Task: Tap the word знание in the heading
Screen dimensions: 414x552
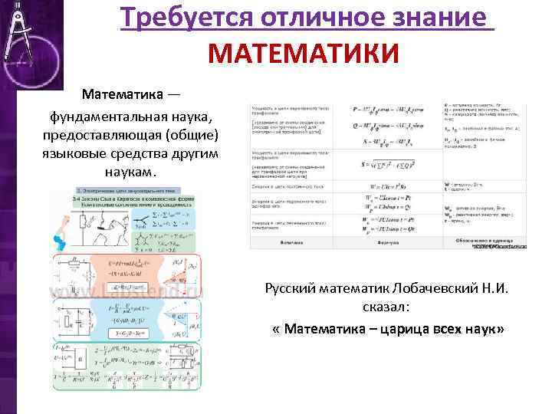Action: pyautogui.click(x=445, y=18)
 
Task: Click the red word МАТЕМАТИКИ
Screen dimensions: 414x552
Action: pyautogui.click(x=304, y=54)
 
